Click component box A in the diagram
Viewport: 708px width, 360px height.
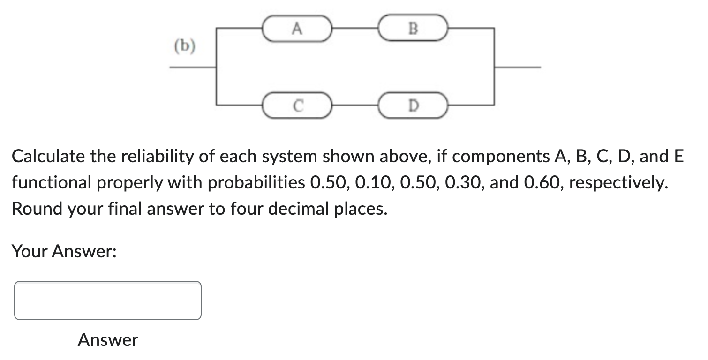[296, 29]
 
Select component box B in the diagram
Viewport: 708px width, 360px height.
[413, 29]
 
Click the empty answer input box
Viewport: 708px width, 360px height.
[108, 300]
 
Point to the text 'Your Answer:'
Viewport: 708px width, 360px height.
[64, 252]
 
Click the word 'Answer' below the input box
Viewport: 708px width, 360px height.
[108, 339]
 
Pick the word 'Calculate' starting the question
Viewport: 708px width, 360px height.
[49, 156]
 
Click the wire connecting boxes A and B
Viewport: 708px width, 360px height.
[355, 29]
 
